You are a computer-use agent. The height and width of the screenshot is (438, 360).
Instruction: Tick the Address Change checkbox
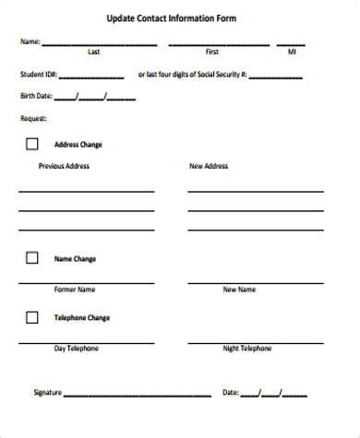point(31,144)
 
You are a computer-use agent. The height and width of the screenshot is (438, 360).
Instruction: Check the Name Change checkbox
point(31,258)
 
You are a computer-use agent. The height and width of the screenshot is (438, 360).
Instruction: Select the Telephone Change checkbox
point(31,317)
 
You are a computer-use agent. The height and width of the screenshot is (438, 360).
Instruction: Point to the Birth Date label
point(35,96)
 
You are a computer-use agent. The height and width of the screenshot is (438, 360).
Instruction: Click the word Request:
point(33,118)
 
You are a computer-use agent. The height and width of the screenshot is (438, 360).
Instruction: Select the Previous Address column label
point(64,167)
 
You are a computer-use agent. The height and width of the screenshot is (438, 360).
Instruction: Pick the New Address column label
point(208,167)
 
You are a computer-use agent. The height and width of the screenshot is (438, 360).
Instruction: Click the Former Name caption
point(74,290)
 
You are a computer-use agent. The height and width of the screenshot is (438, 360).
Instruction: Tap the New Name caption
point(239,290)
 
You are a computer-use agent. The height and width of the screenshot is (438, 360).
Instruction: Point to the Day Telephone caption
point(76,349)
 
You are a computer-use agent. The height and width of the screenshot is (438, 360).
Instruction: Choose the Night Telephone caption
point(247,349)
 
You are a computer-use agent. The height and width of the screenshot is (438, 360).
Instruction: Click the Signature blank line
point(138,395)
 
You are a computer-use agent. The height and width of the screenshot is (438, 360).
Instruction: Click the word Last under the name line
point(94,53)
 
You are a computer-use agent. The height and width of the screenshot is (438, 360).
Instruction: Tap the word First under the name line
point(212,53)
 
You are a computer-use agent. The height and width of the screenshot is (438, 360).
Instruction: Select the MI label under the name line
point(292,53)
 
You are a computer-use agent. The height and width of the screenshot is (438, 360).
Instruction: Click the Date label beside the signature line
point(230,393)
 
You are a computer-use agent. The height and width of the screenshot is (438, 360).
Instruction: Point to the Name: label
point(30,42)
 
